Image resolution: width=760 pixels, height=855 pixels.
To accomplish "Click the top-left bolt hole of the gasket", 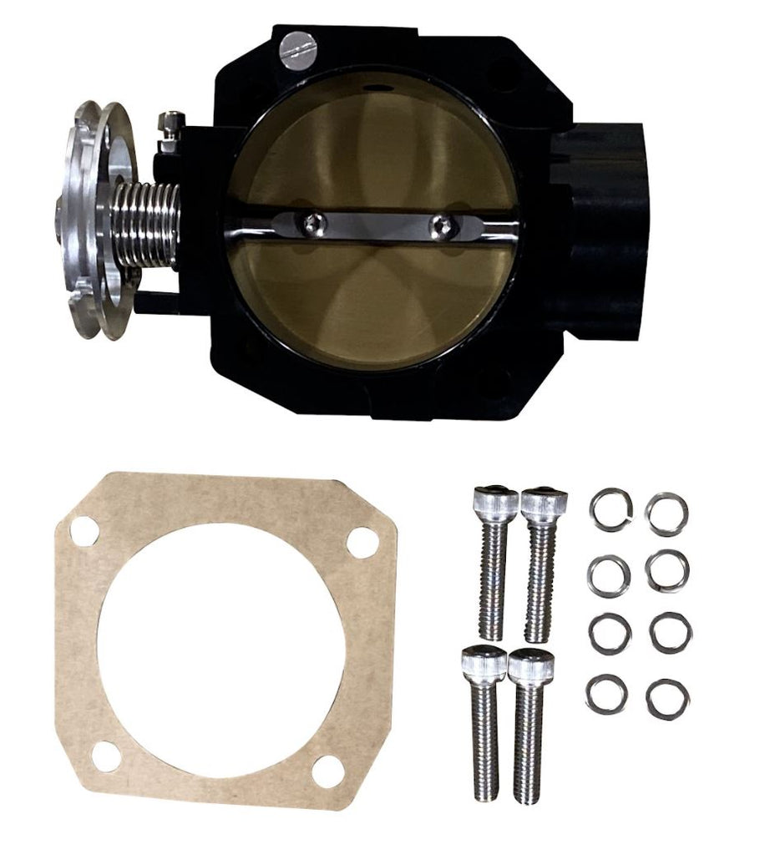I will click(84, 529).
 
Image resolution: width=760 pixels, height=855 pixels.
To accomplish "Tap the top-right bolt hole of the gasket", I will click(361, 544).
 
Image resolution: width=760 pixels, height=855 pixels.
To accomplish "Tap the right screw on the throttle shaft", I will click(443, 225).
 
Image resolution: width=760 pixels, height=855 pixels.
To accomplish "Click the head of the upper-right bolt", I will click(544, 503).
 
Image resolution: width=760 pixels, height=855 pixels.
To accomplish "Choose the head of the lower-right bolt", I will click(531, 665).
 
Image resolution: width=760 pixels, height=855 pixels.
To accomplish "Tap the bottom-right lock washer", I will click(667, 698).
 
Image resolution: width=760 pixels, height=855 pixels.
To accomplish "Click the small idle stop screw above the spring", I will click(171, 123).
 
